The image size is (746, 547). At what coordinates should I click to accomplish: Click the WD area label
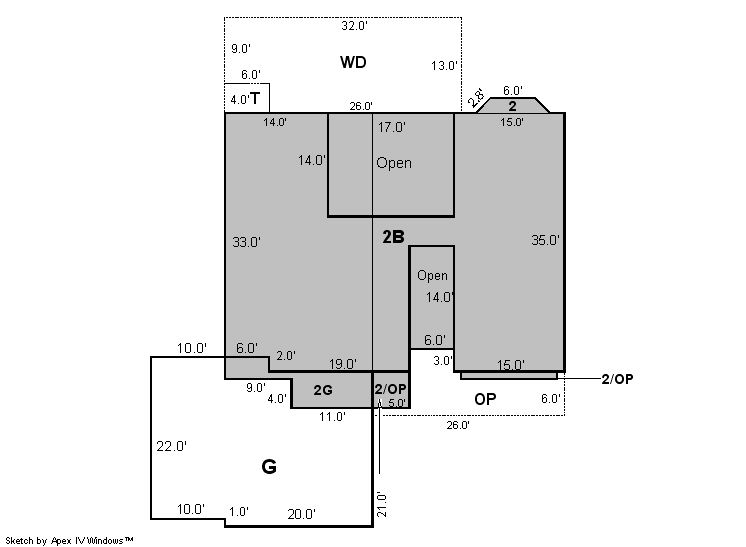353,62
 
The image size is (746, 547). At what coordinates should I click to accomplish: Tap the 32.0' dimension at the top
354,26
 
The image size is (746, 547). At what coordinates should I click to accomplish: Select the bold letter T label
255,98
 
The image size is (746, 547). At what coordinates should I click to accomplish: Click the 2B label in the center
393,237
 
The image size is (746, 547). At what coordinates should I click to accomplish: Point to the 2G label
323,390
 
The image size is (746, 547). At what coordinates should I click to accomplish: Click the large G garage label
269,467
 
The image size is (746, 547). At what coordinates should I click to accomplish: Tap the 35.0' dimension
545,240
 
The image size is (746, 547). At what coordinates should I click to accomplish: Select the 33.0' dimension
246,242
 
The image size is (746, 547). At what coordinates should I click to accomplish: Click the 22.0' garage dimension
171,446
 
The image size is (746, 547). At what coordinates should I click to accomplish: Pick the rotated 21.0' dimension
382,505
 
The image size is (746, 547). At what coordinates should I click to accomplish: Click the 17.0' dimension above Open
392,127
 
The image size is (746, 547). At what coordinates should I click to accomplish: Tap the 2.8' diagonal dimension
475,98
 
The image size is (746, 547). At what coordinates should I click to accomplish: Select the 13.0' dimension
444,66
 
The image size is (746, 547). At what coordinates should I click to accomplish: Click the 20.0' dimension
302,514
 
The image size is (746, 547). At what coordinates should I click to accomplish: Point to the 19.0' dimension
343,364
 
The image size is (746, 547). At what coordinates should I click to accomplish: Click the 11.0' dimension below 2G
332,417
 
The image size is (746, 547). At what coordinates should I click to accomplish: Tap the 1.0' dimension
239,512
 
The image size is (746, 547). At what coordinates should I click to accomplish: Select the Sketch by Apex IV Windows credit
69,541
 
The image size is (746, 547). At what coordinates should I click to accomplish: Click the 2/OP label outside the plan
618,379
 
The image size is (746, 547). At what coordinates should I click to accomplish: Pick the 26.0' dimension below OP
458,425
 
